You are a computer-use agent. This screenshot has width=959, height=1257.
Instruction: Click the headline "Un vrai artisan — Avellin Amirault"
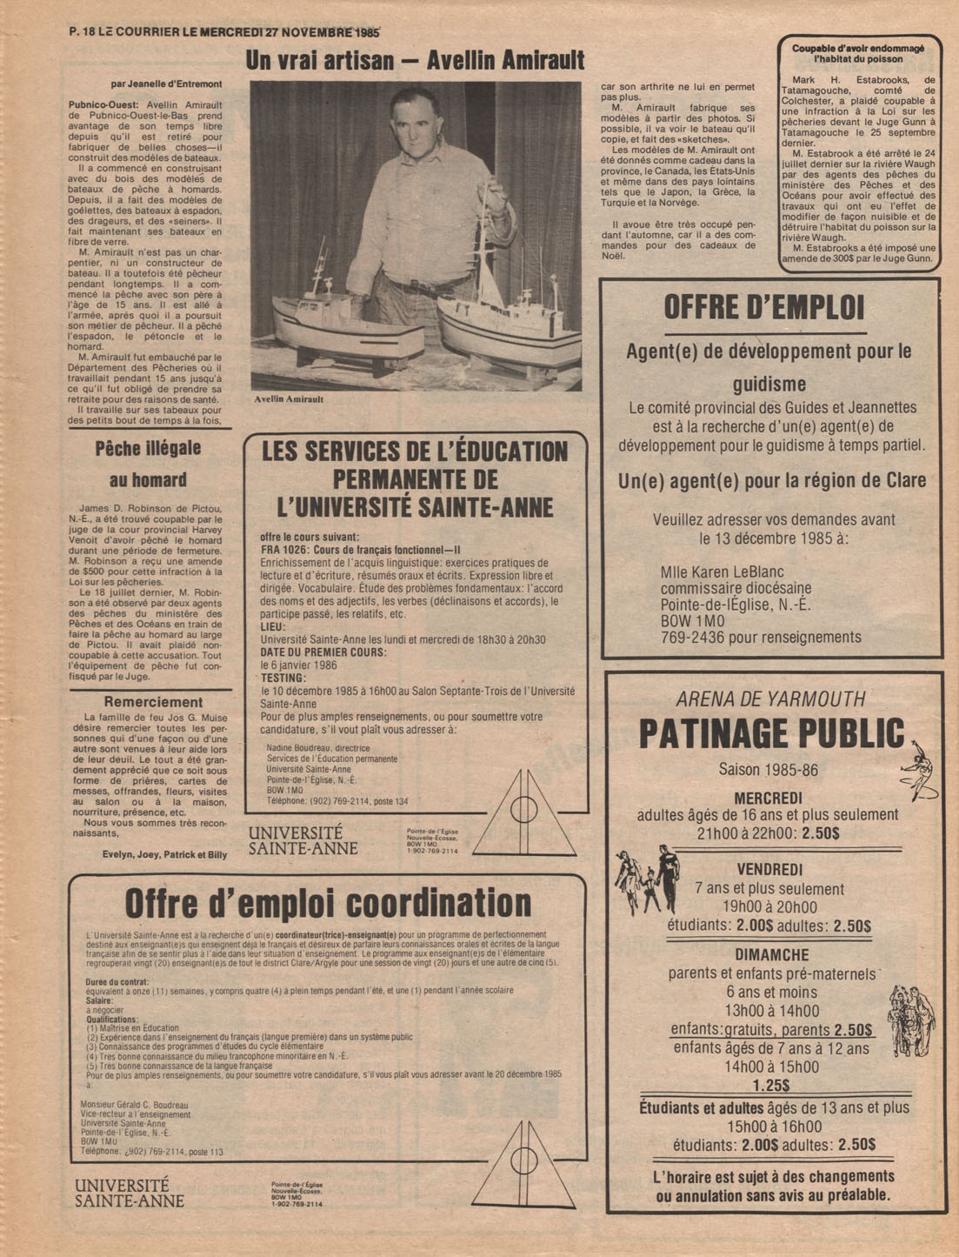pyautogui.click(x=415, y=60)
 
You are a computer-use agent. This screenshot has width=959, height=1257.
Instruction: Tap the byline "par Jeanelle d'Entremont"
pyautogui.click(x=167, y=84)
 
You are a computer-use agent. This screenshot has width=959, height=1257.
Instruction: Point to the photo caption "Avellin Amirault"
pyautogui.click(x=290, y=399)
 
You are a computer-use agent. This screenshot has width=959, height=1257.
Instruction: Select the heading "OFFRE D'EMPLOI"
pyautogui.click(x=763, y=307)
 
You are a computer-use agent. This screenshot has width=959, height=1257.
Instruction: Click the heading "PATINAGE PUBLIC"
pyautogui.click(x=771, y=733)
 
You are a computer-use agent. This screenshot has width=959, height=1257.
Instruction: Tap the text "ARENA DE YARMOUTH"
pyautogui.click(x=770, y=699)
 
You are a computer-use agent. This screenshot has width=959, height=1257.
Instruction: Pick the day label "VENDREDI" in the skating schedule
pyautogui.click(x=769, y=869)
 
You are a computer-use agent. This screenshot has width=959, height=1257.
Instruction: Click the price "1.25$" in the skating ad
pyautogui.click(x=771, y=1085)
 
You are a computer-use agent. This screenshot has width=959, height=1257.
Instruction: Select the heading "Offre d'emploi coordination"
pyautogui.click(x=328, y=903)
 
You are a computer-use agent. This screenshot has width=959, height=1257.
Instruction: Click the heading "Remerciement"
pyautogui.click(x=153, y=702)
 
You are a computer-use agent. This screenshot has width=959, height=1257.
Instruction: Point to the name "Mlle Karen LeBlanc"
pyautogui.click(x=722, y=572)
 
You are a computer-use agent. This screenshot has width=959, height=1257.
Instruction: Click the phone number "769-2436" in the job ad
pyautogui.click(x=693, y=638)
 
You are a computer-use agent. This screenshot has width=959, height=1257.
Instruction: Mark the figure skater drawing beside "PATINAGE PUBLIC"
pyautogui.click(x=921, y=768)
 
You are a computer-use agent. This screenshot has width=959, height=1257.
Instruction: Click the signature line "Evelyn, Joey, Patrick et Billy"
pyautogui.click(x=164, y=854)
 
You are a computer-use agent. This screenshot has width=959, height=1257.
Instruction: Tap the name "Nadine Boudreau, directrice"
pyautogui.click(x=317, y=748)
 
